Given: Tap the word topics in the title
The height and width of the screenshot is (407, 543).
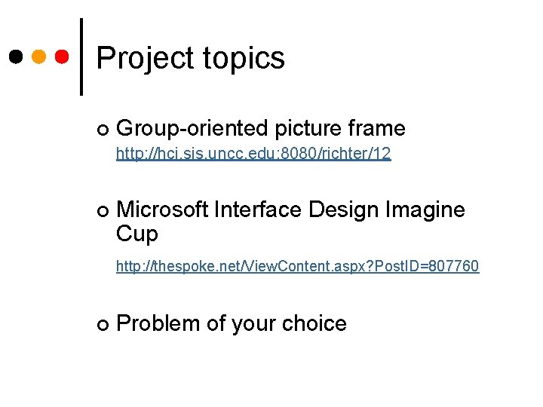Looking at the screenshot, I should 243,59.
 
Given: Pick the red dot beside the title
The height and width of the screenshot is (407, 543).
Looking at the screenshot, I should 63,57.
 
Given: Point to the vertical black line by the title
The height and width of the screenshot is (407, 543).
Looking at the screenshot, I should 81,57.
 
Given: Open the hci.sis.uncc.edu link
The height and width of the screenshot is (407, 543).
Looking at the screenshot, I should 253,155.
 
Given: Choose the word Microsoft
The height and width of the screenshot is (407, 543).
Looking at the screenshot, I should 162,210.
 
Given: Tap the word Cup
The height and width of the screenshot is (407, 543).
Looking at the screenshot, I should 137,234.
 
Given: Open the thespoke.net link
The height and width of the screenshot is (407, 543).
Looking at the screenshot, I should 297,266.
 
